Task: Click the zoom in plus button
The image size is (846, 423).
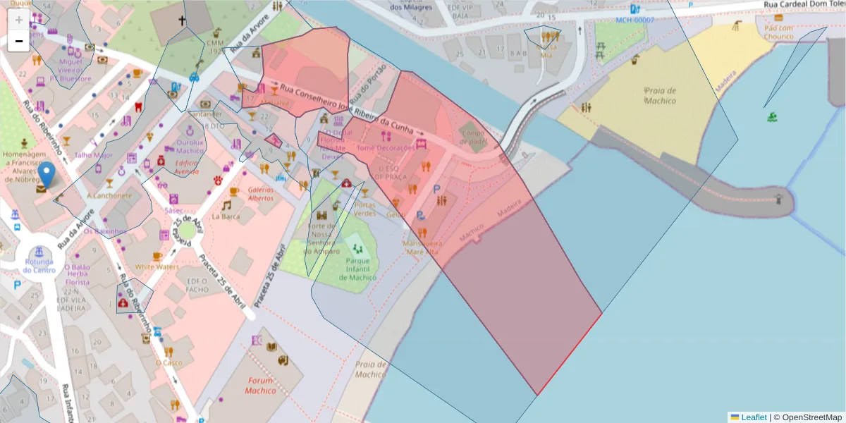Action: coord(18,20)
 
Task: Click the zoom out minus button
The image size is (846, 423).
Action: coord(18,41)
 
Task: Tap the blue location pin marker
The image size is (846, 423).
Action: coord(47,174)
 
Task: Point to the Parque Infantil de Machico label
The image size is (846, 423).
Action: coord(357,269)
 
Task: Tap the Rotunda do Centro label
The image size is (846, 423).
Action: coord(39,265)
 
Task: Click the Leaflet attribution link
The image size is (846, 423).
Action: coord(753,417)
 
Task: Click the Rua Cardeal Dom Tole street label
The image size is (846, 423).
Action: coord(804,4)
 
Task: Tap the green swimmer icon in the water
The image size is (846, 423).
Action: coord(772,116)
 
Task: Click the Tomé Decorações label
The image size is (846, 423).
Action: coord(386,148)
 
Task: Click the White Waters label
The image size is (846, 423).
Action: coord(157,267)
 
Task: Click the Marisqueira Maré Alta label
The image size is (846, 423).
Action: coord(421,247)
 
